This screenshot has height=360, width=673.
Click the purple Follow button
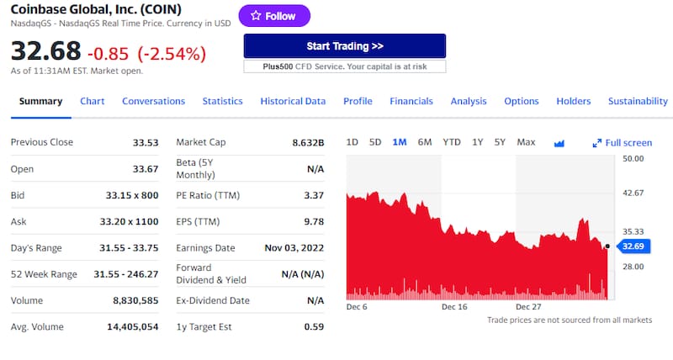click(274, 16)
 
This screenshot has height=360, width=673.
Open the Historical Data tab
click(293, 101)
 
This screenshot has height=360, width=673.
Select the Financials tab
click(411, 101)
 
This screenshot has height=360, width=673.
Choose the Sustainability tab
click(638, 101)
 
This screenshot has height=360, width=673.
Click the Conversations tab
click(153, 101)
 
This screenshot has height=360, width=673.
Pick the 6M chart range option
click(425, 142)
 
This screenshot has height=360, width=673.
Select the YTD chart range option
click(452, 142)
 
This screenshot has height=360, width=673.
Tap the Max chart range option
click(526, 142)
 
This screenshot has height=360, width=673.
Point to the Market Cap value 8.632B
click(308, 142)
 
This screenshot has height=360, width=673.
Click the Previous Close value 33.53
click(146, 142)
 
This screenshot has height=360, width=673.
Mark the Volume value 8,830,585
click(134, 300)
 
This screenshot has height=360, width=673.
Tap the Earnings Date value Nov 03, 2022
click(294, 248)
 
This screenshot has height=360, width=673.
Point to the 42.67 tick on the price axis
click(633, 193)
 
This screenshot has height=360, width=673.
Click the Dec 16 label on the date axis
click(454, 307)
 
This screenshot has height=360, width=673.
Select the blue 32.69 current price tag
click(632, 246)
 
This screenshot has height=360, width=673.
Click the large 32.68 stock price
click(45, 51)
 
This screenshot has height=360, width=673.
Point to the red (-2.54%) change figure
click(172, 54)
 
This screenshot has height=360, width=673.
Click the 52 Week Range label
click(44, 274)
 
